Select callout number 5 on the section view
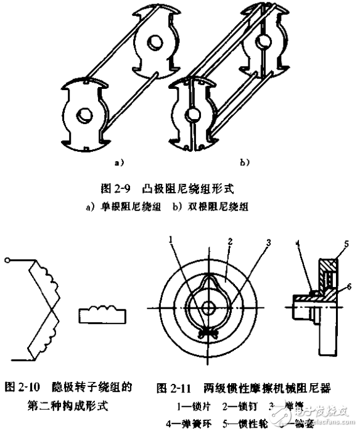[346, 244]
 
